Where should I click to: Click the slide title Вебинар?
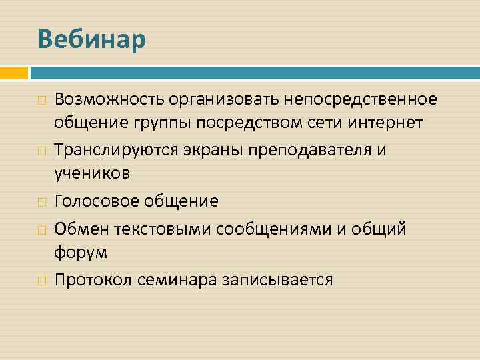click(x=91, y=39)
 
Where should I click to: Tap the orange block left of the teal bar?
click(x=13, y=73)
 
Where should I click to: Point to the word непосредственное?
click(x=361, y=99)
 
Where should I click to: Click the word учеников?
click(x=92, y=173)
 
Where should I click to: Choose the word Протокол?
click(x=93, y=279)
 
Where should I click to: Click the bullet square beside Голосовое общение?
click(x=41, y=201)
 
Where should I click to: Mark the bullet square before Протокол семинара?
click(x=41, y=280)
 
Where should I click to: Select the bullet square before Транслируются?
click(x=41, y=150)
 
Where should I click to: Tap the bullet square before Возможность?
click(x=41, y=100)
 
